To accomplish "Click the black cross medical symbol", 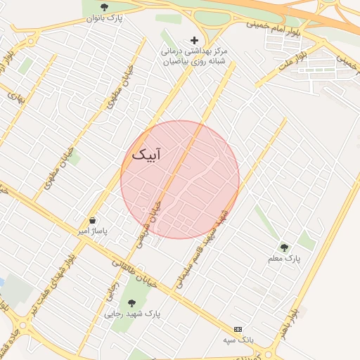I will [195, 41].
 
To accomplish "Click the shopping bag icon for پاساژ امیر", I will [92, 220].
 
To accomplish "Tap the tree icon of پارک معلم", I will [284, 247].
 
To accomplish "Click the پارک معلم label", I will [284, 259].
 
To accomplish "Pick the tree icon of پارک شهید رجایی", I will [131, 304].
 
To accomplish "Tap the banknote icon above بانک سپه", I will [238, 329].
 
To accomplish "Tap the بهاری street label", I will [15, 95].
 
